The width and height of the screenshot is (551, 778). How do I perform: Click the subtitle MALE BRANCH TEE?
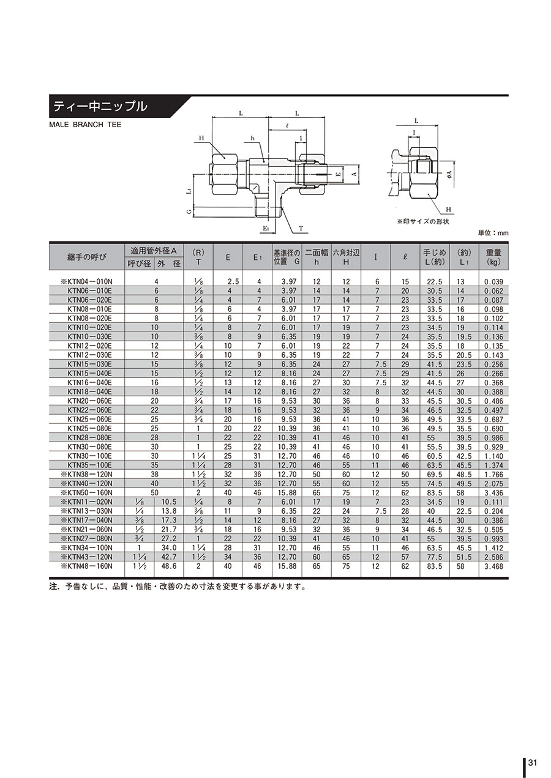tap(85, 125)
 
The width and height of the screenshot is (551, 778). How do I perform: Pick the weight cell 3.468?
tap(493, 566)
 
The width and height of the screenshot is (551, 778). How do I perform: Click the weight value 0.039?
tap(493, 281)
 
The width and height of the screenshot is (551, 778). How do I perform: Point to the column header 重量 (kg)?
tap(493, 256)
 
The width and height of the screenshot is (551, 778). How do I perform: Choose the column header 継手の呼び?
tap(86, 257)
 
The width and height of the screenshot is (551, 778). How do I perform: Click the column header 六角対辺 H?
tap(345, 256)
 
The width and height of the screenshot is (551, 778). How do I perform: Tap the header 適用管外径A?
tap(154, 251)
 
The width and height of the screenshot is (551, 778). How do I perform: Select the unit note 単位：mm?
tap(493, 232)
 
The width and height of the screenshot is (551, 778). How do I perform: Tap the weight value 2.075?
tap(493, 483)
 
